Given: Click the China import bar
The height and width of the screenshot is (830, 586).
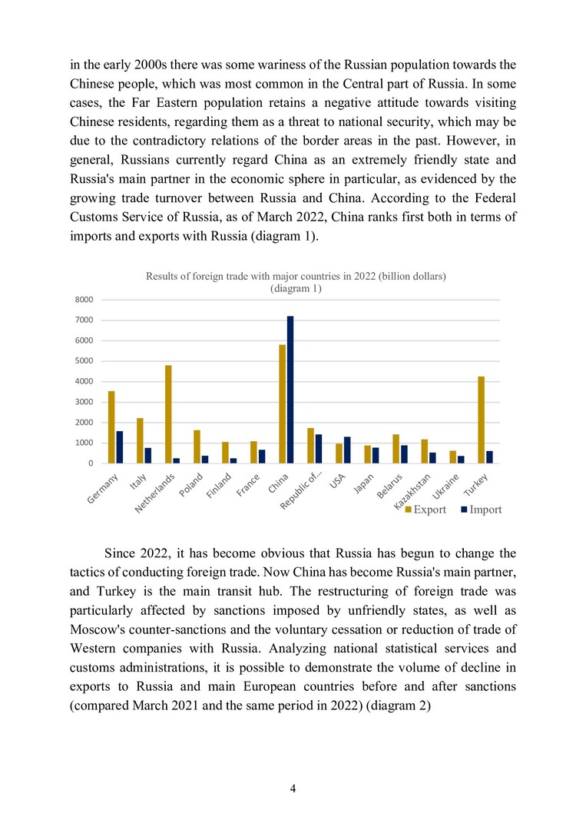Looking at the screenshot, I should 290,390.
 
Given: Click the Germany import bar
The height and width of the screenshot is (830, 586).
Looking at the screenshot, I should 120,447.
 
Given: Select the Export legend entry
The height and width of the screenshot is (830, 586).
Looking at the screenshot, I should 425,510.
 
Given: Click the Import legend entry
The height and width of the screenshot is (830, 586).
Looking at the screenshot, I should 481,510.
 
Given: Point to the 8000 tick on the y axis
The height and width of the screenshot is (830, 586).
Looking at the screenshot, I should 84,300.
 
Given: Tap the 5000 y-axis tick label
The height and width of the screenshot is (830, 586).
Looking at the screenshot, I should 84,361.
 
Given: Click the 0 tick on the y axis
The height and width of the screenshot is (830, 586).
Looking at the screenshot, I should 90,463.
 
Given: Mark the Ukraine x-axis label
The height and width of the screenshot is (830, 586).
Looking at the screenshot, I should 446,486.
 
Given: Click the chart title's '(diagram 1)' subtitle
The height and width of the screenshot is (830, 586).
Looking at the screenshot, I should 296,288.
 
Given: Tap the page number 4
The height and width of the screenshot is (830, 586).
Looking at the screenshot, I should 293,788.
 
